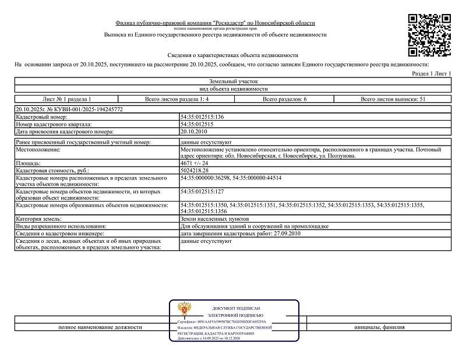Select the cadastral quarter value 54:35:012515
click(x=197, y=125)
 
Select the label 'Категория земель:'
click(x=38, y=218)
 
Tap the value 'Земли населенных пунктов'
click(x=211, y=218)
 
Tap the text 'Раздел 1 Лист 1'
click(x=432, y=74)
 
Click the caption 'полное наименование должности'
click(x=100, y=327)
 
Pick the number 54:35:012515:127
click(x=203, y=190)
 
